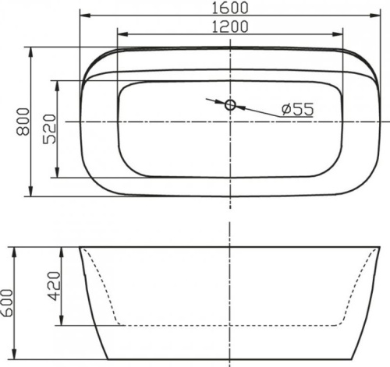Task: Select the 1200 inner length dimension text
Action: pos(229,27)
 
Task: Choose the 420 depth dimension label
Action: pos(51,286)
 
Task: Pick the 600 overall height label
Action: pos(9,300)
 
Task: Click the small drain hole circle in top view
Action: pos(229,104)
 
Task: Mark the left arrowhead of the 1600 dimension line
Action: pos(84,16)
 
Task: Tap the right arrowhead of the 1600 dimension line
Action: pos(376,16)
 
